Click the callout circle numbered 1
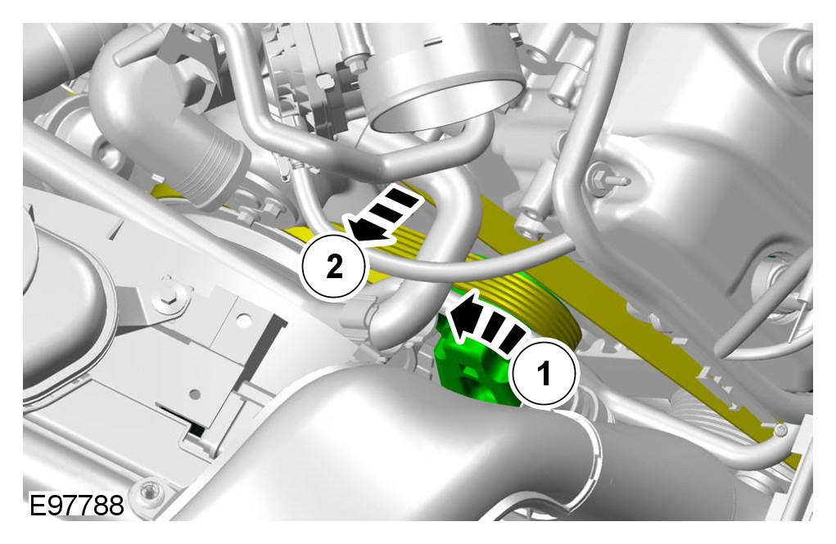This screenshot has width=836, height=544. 544,374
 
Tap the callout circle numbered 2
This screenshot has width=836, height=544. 334,266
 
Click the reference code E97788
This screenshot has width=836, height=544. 76,505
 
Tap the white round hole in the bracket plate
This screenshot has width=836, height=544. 243,321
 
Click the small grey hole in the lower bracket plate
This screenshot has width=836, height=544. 195,394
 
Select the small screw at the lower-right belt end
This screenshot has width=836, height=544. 780,429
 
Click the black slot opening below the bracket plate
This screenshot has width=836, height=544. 184,419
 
